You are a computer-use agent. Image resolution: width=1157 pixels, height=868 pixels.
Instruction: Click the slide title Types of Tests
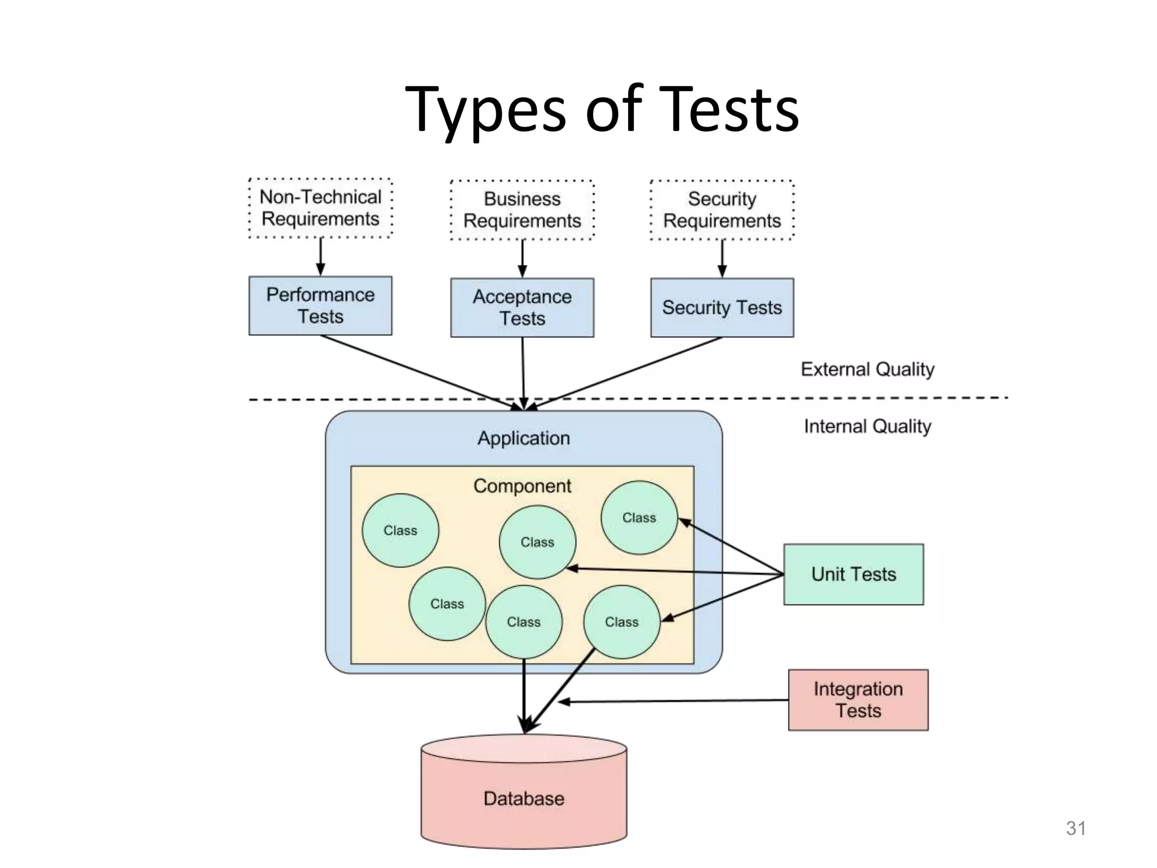(x=602, y=108)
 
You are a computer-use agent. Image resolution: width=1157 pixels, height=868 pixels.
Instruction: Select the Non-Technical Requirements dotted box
(x=320, y=208)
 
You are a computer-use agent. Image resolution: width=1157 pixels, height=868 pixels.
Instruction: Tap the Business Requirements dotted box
(x=522, y=210)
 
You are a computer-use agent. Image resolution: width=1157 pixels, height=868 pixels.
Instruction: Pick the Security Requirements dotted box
(x=721, y=210)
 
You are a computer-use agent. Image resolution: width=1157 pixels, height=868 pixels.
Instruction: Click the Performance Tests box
(x=320, y=306)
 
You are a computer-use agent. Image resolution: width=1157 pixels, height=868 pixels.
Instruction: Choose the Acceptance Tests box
(x=522, y=307)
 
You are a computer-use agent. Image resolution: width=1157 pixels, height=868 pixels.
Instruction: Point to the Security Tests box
(x=721, y=307)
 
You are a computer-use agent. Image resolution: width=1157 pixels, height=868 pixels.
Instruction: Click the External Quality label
(x=867, y=370)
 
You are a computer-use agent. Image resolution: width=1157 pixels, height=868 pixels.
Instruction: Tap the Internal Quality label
(x=867, y=427)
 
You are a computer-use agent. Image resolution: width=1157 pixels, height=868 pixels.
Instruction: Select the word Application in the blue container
(x=524, y=439)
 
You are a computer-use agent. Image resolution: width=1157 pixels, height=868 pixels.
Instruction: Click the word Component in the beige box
(x=522, y=486)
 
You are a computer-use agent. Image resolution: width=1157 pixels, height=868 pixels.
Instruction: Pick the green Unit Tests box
(x=853, y=574)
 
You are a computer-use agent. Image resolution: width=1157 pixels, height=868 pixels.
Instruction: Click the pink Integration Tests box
(x=858, y=700)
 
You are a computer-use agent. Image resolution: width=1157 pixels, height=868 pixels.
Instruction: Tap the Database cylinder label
(x=524, y=798)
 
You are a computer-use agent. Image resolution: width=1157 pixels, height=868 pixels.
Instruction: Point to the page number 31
(x=1076, y=828)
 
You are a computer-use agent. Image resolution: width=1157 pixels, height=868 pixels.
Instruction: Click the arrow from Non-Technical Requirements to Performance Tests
(x=320, y=256)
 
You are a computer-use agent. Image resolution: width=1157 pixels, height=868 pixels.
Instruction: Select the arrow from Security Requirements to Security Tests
(x=721, y=258)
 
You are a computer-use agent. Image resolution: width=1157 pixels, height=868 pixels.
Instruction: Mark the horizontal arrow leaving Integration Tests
(x=672, y=701)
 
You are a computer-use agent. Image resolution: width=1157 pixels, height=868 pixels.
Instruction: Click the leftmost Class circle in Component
(x=400, y=531)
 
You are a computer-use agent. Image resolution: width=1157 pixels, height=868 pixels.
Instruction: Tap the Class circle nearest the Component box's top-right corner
(x=639, y=518)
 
